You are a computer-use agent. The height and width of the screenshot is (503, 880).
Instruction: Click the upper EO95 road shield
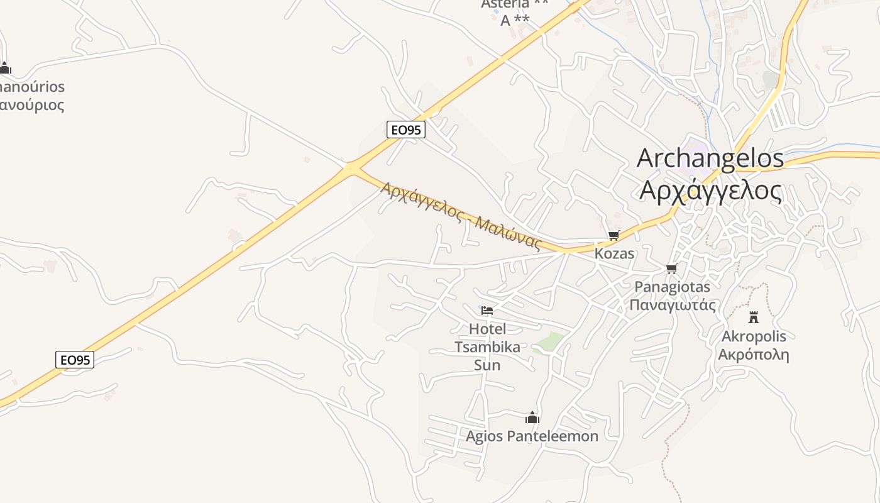(406, 130)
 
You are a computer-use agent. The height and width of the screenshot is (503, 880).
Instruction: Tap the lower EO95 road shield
(75, 360)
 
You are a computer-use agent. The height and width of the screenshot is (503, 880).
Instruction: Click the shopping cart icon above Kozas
(614, 236)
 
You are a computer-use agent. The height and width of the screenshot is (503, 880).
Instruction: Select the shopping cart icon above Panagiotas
(671, 269)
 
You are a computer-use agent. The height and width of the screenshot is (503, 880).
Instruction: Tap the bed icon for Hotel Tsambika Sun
(487, 310)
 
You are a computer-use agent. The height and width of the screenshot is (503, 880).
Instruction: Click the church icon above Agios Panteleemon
(532, 417)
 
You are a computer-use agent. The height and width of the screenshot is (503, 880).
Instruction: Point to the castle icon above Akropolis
(753, 318)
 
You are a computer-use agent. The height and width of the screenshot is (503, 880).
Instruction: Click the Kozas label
(614, 254)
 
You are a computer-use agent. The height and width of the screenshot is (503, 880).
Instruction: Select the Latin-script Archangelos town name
(710, 158)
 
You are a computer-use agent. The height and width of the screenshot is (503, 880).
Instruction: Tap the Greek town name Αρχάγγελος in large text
(710, 190)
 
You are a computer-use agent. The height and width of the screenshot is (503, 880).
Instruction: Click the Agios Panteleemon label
(532, 436)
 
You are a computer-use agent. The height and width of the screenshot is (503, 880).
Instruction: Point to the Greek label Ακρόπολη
(753, 354)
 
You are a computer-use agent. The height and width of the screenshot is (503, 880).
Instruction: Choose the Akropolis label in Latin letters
(753, 336)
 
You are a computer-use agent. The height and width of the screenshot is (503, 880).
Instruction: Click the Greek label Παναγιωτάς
(673, 306)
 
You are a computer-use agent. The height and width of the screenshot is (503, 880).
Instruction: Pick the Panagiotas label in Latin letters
(673, 287)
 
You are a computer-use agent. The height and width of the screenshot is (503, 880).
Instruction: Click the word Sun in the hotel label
(487, 365)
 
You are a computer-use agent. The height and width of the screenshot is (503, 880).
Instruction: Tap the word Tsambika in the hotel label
(487, 347)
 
